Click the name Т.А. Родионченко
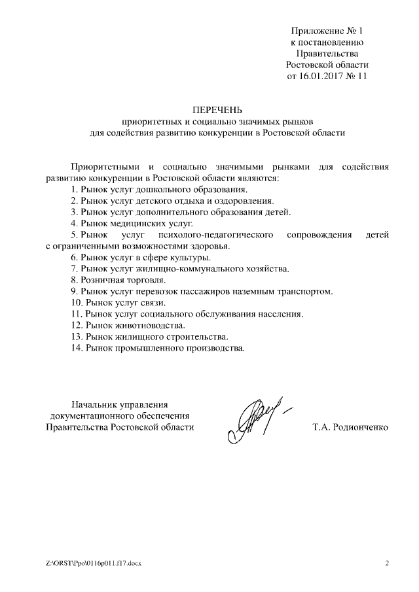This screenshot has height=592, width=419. tap(350, 427)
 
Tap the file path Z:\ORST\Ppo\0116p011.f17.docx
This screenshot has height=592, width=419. tap(94, 563)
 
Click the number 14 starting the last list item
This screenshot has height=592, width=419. tap(76, 348)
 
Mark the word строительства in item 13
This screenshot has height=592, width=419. tap(196, 336)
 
